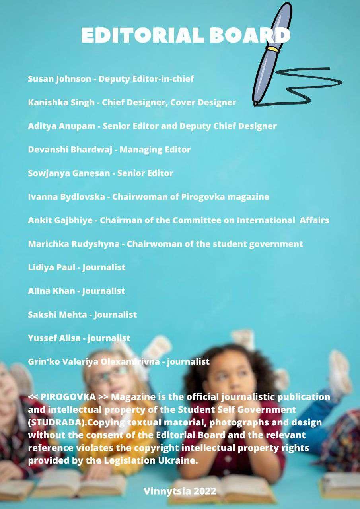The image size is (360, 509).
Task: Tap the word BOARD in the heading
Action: click(x=250, y=35)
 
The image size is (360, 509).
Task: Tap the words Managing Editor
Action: click(x=155, y=150)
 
